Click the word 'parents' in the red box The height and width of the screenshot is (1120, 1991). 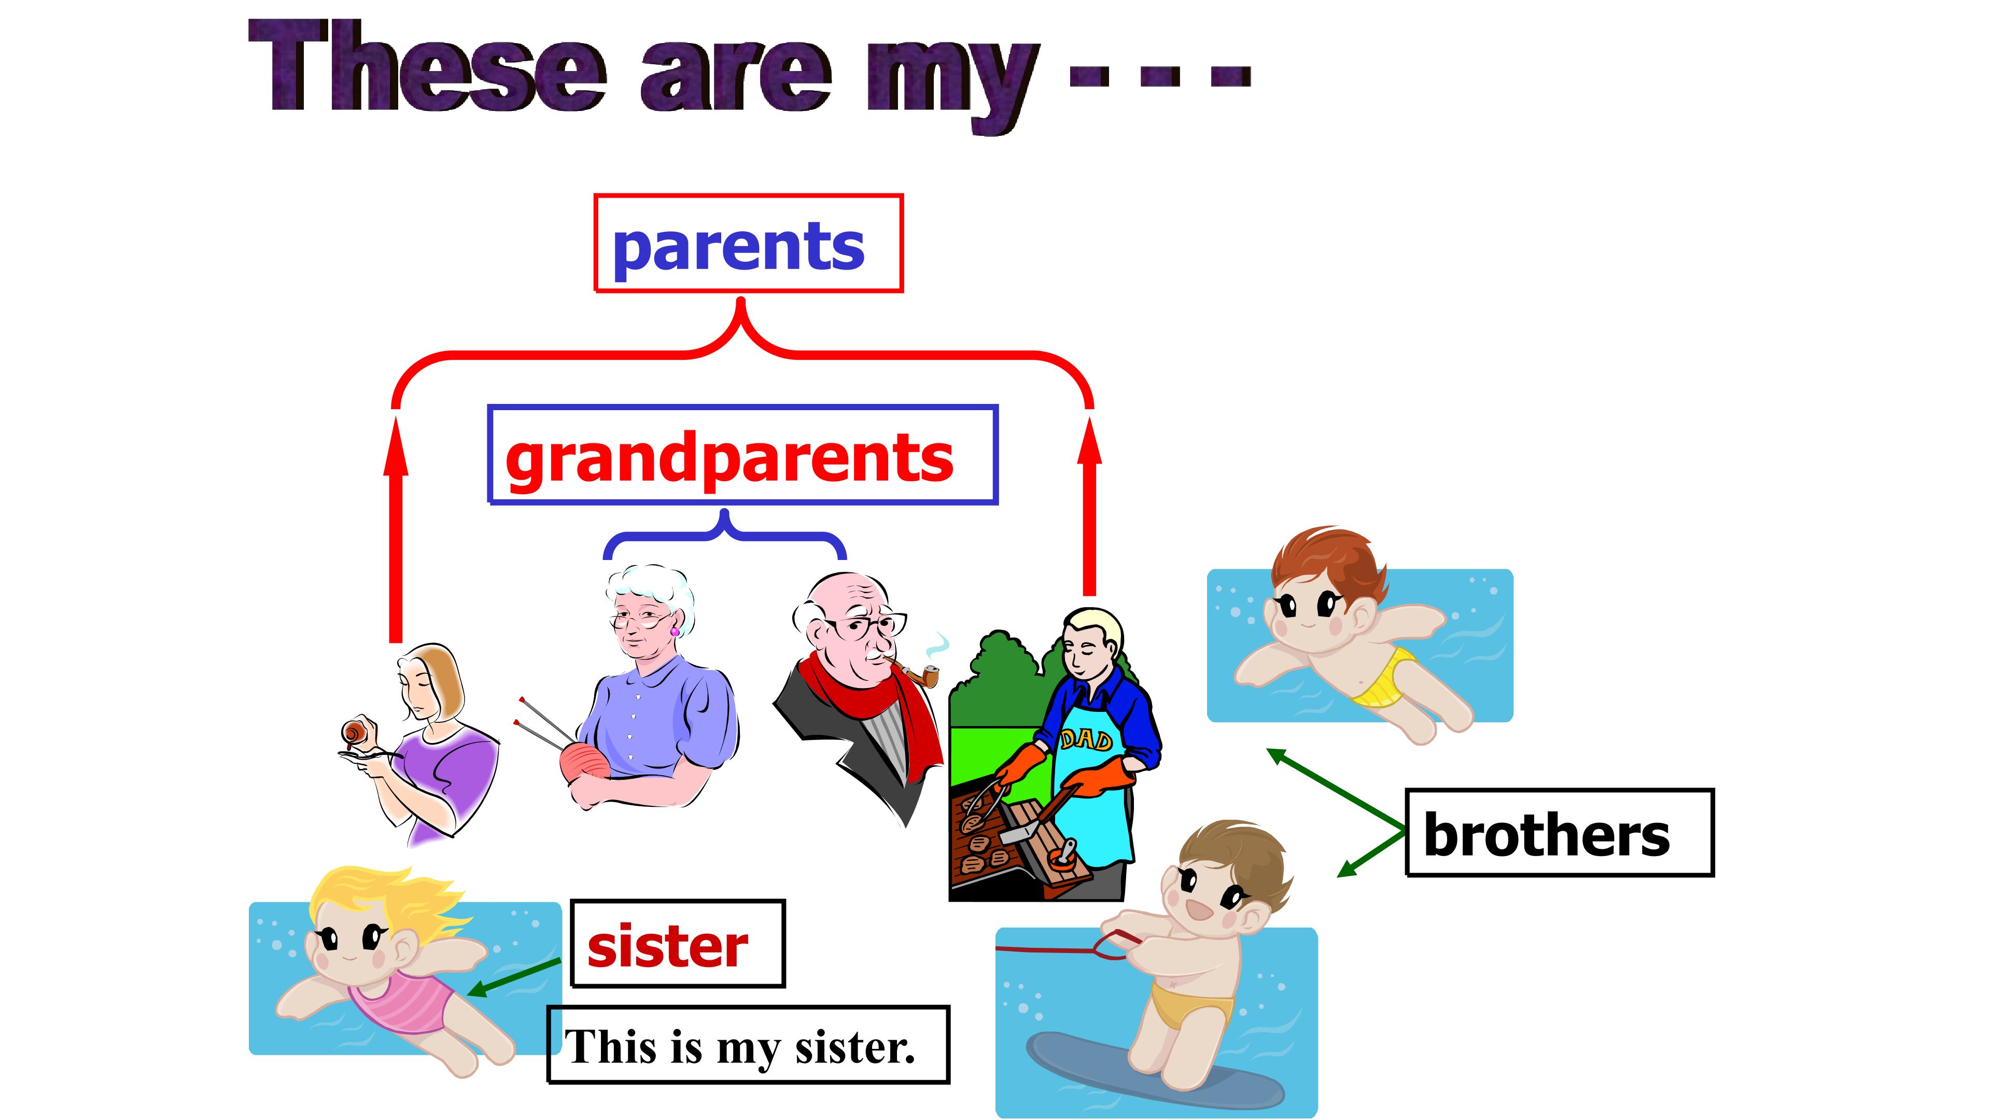coord(738,246)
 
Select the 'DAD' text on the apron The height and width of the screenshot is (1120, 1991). coord(1086,740)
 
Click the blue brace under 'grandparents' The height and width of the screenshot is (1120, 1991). coord(724,535)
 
